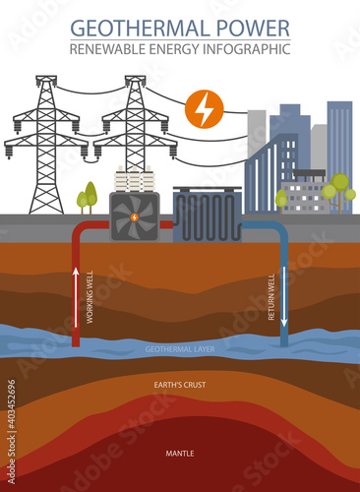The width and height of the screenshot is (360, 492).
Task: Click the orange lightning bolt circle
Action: (x=204, y=110)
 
